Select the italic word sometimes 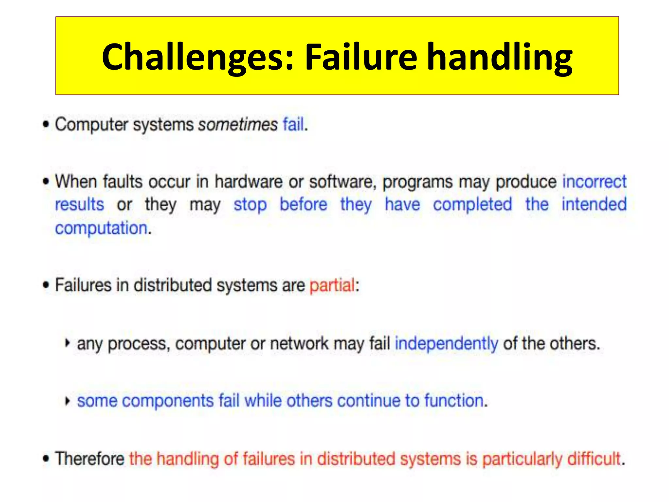coord(238,125)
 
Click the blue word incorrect coord(594,182)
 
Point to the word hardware coord(248,182)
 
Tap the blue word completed coord(472,205)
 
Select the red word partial coord(332,285)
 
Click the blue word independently coord(447,343)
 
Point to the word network coord(299,343)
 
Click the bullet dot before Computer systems coord(46,125)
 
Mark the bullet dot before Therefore coord(46,459)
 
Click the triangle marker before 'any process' coord(67,343)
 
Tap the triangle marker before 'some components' coord(67,401)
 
